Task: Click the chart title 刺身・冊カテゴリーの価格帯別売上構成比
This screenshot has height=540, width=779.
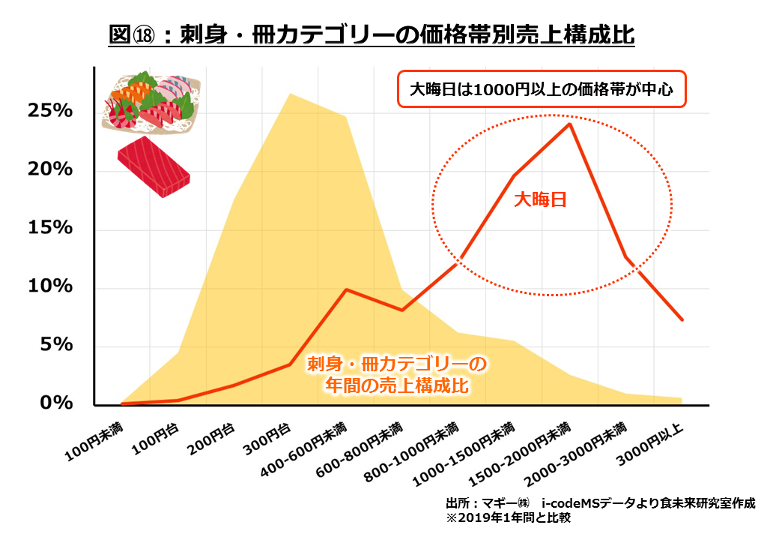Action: tap(371, 35)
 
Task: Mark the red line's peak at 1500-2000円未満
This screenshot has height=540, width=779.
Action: tap(570, 124)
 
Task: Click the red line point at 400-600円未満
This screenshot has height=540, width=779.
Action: tap(345, 289)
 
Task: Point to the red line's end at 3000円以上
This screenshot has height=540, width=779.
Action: tap(682, 320)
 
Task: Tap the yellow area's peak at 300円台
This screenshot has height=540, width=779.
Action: tap(290, 94)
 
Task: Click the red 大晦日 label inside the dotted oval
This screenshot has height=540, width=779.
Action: tap(538, 199)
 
